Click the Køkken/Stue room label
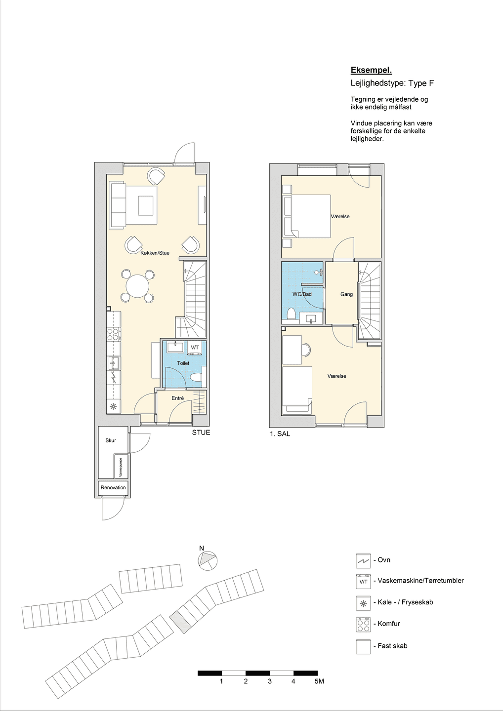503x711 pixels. (x=155, y=253)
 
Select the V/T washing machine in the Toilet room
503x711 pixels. (x=195, y=348)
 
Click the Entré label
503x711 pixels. (x=177, y=398)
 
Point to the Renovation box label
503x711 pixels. (x=113, y=487)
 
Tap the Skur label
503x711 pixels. (x=111, y=440)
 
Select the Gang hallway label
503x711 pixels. (x=346, y=294)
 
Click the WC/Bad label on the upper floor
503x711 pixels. (x=302, y=294)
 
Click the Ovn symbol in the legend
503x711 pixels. (x=363, y=560)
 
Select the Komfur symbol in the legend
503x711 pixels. (x=363, y=624)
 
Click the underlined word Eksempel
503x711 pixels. (x=371, y=70)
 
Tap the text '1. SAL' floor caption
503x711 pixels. (x=280, y=434)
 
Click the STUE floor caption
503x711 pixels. (x=201, y=433)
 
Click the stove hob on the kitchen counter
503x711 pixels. (x=114, y=334)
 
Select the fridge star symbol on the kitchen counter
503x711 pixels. (x=112, y=406)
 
